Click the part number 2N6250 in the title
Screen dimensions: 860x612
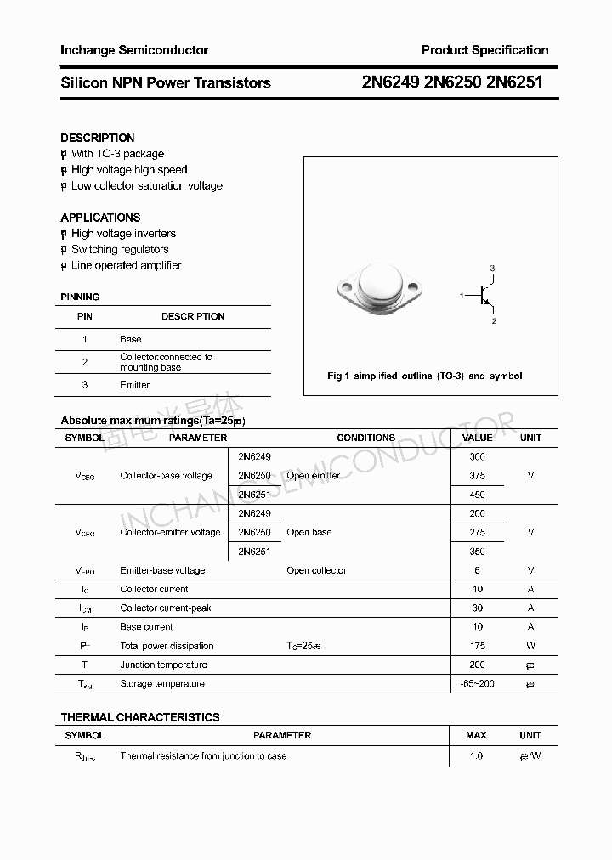tap(452, 82)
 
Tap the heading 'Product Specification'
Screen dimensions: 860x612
tap(484, 50)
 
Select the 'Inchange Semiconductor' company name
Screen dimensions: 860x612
tap(134, 50)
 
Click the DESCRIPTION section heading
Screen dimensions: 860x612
tap(97, 138)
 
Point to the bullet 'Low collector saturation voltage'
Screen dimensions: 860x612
tap(146, 185)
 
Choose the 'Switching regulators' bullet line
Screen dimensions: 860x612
tap(120, 249)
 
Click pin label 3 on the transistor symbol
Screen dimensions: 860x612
tap(492, 269)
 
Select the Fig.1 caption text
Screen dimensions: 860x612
tap(425, 376)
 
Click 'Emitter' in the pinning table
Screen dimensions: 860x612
tap(134, 385)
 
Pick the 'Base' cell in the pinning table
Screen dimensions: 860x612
tap(131, 339)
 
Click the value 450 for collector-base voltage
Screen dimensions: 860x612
tap(477, 495)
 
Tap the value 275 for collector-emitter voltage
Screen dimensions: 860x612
tap(477, 532)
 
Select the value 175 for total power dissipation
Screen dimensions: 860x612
tap(477, 646)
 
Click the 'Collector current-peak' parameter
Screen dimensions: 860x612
tap(166, 608)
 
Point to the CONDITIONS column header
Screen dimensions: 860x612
tap(365, 438)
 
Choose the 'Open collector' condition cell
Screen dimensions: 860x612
tap(316, 570)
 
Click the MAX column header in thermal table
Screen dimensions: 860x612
tap(476, 735)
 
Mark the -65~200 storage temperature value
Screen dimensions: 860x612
tap(477, 683)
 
